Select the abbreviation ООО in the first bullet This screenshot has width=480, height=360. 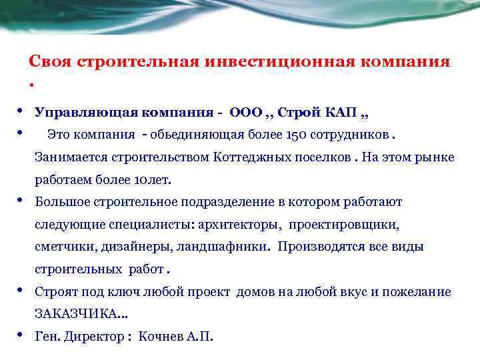click(246, 112)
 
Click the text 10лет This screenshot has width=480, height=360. click(151, 180)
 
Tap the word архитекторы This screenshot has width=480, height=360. click(227, 225)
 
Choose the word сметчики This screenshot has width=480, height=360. click(65, 247)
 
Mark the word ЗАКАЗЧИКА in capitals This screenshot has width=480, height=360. click(73, 313)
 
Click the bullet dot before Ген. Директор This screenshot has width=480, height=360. click(22, 333)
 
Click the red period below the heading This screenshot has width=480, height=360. click(31, 85)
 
